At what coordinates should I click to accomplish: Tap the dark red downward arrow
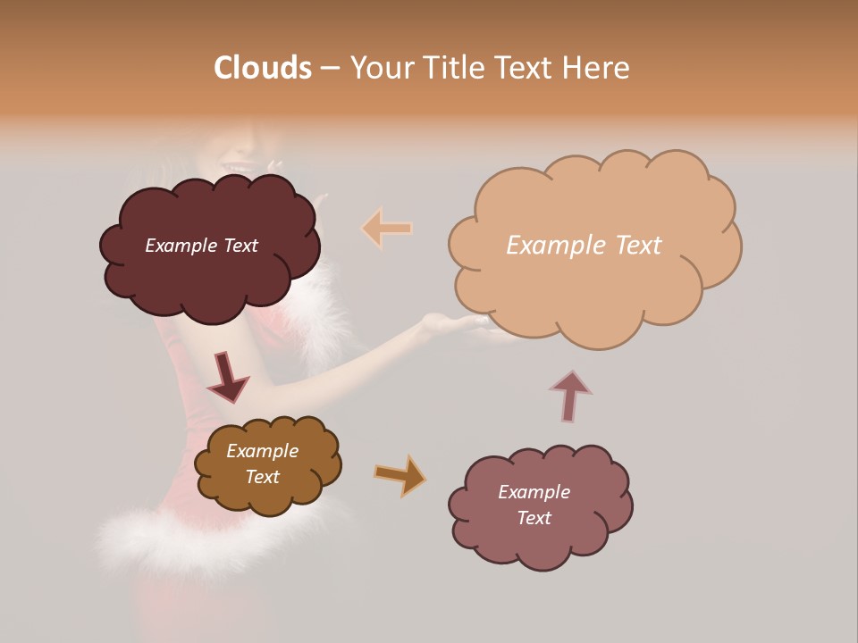227,376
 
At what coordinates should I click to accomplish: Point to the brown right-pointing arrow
400,474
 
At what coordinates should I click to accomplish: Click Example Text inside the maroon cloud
201,246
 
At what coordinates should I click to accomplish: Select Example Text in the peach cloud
584,246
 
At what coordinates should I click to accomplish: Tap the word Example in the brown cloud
262,451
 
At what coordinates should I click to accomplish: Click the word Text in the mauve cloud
534,518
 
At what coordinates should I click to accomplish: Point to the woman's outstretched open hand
451,323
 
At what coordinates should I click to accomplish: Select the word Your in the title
381,68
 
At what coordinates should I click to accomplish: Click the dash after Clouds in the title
330,69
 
